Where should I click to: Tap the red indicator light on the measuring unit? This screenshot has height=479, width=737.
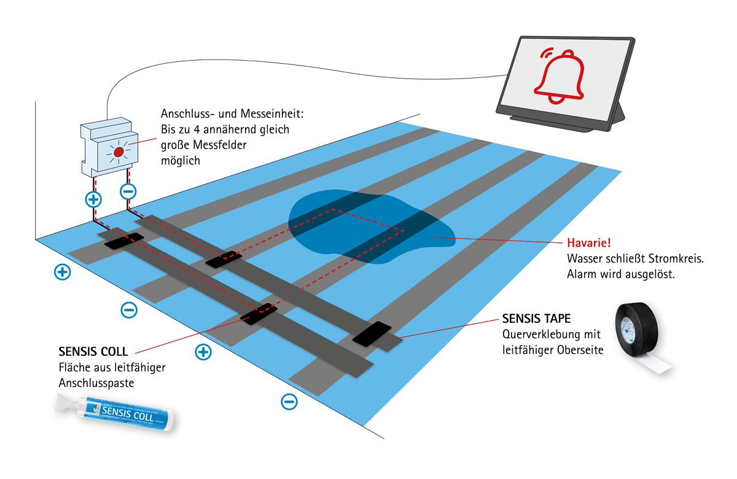119,150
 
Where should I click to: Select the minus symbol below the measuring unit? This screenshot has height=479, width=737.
128,191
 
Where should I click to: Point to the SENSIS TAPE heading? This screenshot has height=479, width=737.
536,319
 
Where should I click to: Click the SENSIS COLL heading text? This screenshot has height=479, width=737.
93,352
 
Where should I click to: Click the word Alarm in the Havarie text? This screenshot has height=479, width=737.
581,274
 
